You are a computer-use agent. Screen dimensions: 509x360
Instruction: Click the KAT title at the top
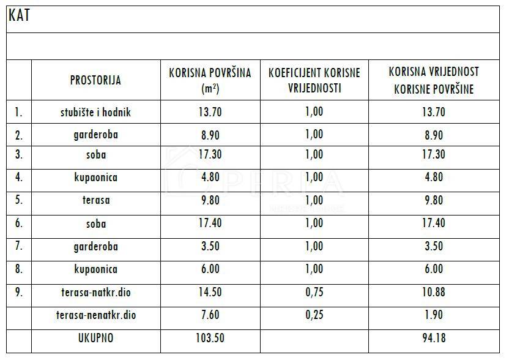[19, 15]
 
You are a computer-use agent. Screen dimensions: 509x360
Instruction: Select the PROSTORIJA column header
[95, 80]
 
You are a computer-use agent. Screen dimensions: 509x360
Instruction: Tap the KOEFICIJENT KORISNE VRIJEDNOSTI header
[314, 80]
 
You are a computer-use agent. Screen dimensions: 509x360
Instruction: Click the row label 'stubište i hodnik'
[95, 113]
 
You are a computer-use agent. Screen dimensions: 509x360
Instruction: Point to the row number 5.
[19, 200]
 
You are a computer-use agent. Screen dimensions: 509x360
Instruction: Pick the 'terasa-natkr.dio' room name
[96, 293]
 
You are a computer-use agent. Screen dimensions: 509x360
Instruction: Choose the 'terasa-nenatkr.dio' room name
[96, 315]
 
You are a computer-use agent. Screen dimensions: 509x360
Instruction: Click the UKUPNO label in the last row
[96, 338]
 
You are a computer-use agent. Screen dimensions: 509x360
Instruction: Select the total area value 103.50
[210, 338]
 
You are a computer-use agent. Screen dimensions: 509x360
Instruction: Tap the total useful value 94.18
[434, 338]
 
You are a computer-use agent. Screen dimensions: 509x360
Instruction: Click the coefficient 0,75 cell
[314, 293]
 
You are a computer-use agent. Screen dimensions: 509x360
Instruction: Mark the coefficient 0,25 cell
[314, 315]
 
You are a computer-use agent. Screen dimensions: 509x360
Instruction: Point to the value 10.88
[434, 293]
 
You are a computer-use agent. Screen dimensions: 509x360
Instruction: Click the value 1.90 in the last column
[434, 315]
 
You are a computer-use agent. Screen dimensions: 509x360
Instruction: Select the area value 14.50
[210, 293]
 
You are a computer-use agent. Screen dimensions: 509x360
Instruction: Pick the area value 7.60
[210, 315]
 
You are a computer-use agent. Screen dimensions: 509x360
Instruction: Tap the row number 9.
[19, 293]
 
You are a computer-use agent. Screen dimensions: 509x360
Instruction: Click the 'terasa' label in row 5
[96, 200]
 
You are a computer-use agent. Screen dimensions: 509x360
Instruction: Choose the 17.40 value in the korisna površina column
[210, 223]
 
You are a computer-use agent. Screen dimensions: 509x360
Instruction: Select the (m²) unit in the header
[210, 89]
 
